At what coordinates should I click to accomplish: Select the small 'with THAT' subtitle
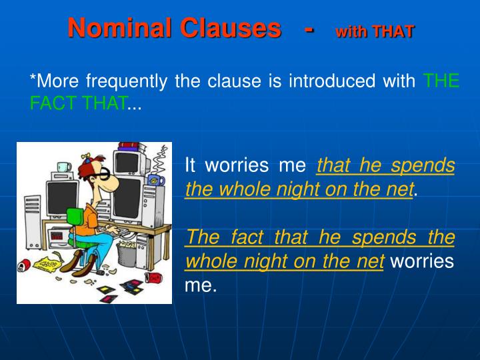[374, 31]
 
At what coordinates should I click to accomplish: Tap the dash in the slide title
[308, 29]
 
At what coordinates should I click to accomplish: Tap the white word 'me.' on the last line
[201, 286]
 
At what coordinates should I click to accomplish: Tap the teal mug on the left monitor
[63, 166]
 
